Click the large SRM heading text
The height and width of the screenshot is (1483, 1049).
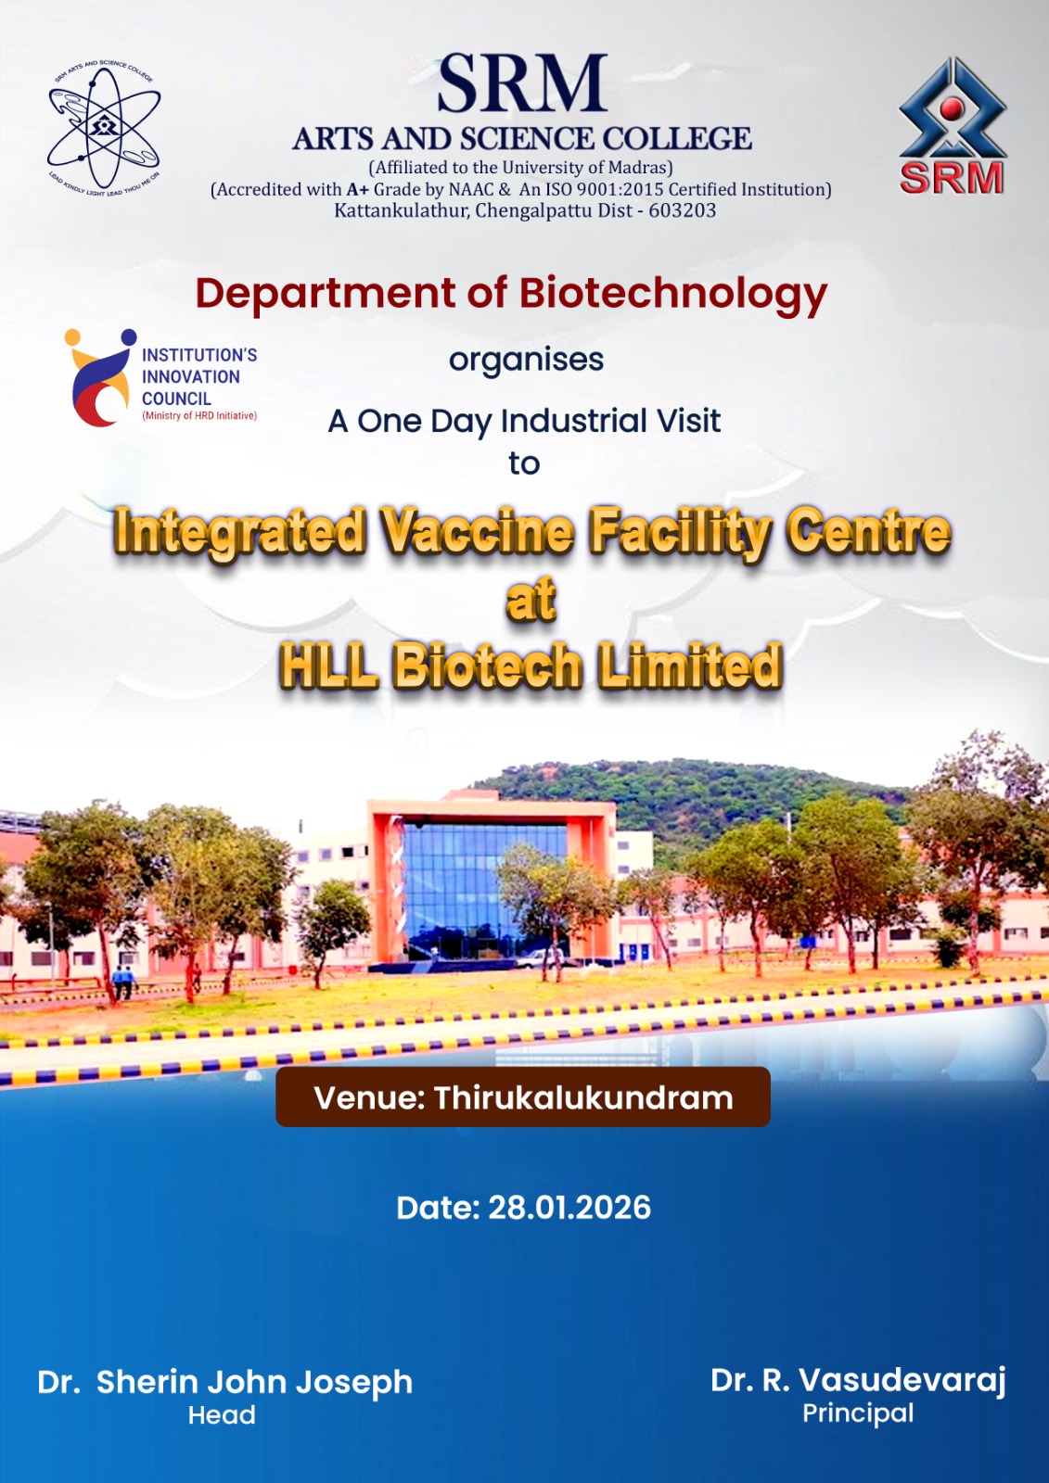coord(522,84)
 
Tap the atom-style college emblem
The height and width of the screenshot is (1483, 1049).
coord(104,129)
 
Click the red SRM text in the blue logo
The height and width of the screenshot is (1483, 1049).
coord(952,177)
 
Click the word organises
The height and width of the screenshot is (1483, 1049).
coord(526,361)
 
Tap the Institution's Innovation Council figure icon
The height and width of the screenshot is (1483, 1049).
coord(100,376)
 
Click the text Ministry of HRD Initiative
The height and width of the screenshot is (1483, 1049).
coord(199,416)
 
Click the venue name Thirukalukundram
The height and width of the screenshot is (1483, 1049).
coord(583,1097)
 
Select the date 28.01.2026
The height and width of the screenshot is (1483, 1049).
coord(569,1208)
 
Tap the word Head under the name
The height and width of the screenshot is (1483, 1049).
coord(222,1415)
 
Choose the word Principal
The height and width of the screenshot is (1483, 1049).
coord(858,1413)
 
